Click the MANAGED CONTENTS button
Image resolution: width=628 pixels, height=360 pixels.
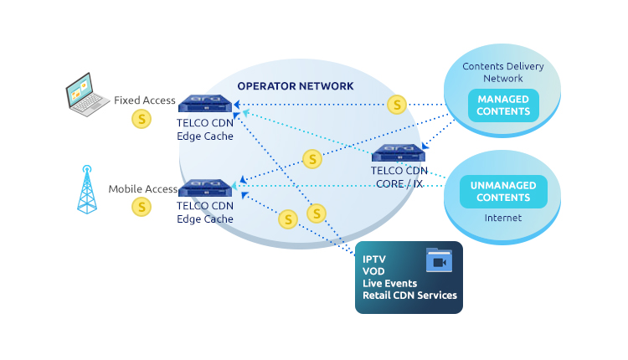pos(503,105)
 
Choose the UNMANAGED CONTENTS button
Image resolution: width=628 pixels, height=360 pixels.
pos(502,192)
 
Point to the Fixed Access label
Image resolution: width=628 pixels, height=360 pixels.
pos(145,100)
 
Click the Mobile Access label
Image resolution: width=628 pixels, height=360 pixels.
pos(143,189)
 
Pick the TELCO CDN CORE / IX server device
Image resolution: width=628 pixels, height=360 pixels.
pos(399,153)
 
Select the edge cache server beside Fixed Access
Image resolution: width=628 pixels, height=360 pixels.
pos(205,105)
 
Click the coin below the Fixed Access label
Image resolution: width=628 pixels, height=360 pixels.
pos(142,120)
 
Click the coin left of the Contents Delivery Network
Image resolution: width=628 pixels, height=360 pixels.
pos(397,105)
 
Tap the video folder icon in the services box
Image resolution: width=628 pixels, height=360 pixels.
pos(439,260)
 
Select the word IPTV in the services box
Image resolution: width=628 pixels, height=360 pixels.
pos(375,259)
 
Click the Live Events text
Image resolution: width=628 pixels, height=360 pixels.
pos(389,283)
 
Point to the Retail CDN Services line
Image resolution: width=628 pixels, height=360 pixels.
pos(409,295)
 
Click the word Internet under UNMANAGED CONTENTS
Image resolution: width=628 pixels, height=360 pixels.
pos(502,218)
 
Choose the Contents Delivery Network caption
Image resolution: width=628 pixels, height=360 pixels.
pos(502,72)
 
